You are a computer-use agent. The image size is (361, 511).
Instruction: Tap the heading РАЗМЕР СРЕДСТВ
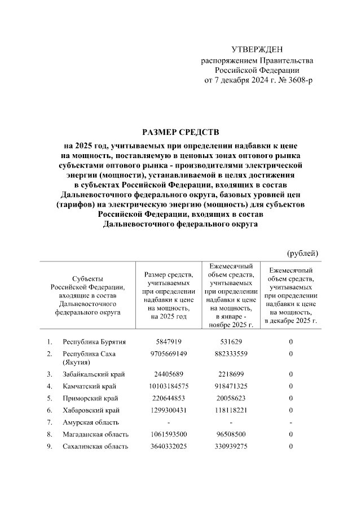coord(180,133)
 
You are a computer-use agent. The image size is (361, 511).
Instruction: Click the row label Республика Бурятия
coord(94,342)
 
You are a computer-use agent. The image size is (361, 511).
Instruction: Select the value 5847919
coord(169,342)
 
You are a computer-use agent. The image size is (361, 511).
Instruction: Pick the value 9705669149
coord(169,354)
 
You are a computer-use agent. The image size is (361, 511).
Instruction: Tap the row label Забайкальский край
coord(94,374)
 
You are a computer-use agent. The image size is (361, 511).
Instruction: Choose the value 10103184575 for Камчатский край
coord(169,386)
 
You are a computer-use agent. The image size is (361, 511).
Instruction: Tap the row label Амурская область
coord(91,422)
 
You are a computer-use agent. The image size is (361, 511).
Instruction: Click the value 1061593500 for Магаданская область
coord(169,434)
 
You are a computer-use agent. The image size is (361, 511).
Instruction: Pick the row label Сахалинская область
coord(95,446)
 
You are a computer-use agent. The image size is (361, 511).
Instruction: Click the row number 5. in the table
coord(50,398)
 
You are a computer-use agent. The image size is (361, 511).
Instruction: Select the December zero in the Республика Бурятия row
coord(291,342)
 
